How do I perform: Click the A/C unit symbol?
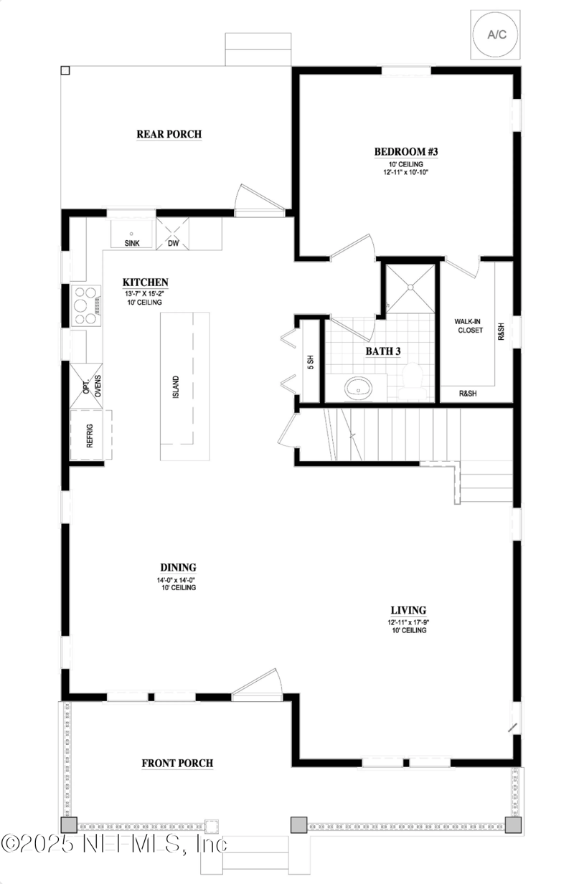coord(495,34)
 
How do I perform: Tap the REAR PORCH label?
coord(169,134)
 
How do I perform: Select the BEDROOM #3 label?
coord(405,151)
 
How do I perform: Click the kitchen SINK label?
coord(132,243)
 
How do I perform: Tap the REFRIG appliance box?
coord(90,435)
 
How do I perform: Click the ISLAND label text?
coord(176,388)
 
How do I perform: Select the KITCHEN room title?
coord(145,282)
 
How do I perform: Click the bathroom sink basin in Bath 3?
coord(357,388)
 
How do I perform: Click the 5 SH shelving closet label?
coord(311,363)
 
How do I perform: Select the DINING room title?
coord(178,567)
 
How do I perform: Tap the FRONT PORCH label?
coord(177,763)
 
